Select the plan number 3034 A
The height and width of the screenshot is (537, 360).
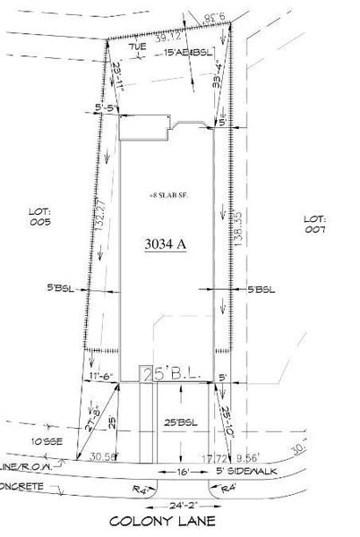166,243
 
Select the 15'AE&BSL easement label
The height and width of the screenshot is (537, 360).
189,55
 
